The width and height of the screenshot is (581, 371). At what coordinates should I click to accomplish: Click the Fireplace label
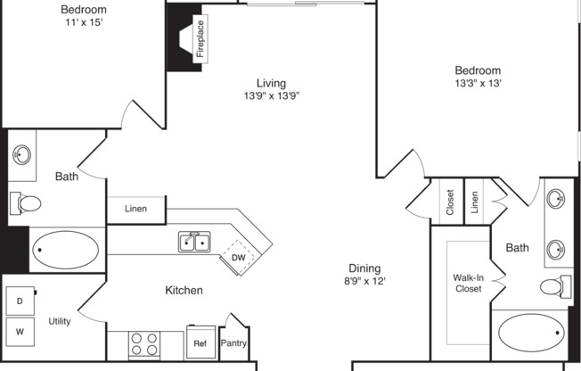click(200, 38)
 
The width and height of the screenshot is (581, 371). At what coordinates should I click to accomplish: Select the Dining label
click(364, 268)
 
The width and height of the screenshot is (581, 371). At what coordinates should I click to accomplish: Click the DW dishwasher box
click(238, 258)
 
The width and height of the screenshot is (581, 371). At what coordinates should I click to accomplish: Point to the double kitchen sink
click(194, 242)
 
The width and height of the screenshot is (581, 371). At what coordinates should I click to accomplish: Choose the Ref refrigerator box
click(200, 342)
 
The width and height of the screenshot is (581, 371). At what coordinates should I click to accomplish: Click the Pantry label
click(233, 342)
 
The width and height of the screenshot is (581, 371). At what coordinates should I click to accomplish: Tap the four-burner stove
click(144, 343)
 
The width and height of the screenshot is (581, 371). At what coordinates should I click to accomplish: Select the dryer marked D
click(20, 301)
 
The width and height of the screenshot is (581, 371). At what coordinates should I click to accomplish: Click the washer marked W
click(20, 331)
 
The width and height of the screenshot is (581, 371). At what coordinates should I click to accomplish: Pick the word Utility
click(60, 321)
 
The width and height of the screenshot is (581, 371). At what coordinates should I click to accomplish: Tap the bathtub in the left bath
click(67, 250)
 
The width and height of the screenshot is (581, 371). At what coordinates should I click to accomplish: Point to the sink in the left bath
click(22, 154)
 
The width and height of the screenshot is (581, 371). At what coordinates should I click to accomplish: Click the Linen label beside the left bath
click(135, 210)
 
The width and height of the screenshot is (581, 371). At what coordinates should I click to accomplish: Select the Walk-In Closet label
click(468, 283)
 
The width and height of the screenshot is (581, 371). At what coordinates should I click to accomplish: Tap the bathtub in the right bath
click(531, 334)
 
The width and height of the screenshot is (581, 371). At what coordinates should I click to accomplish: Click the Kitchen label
click(184, 290)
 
